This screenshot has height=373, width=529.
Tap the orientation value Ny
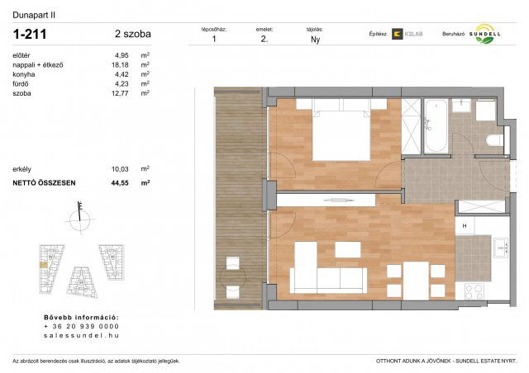[315, 39]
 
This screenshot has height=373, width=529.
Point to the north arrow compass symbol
[80, 219]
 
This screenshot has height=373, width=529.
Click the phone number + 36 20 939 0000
[81, 326]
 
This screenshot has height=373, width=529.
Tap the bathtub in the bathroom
[434, 126]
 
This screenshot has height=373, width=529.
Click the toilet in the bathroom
[494, 138]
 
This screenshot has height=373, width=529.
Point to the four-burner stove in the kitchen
[474, 290]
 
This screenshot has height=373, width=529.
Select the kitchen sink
[499, 246]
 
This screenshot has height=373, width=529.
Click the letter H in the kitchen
[465, 226]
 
